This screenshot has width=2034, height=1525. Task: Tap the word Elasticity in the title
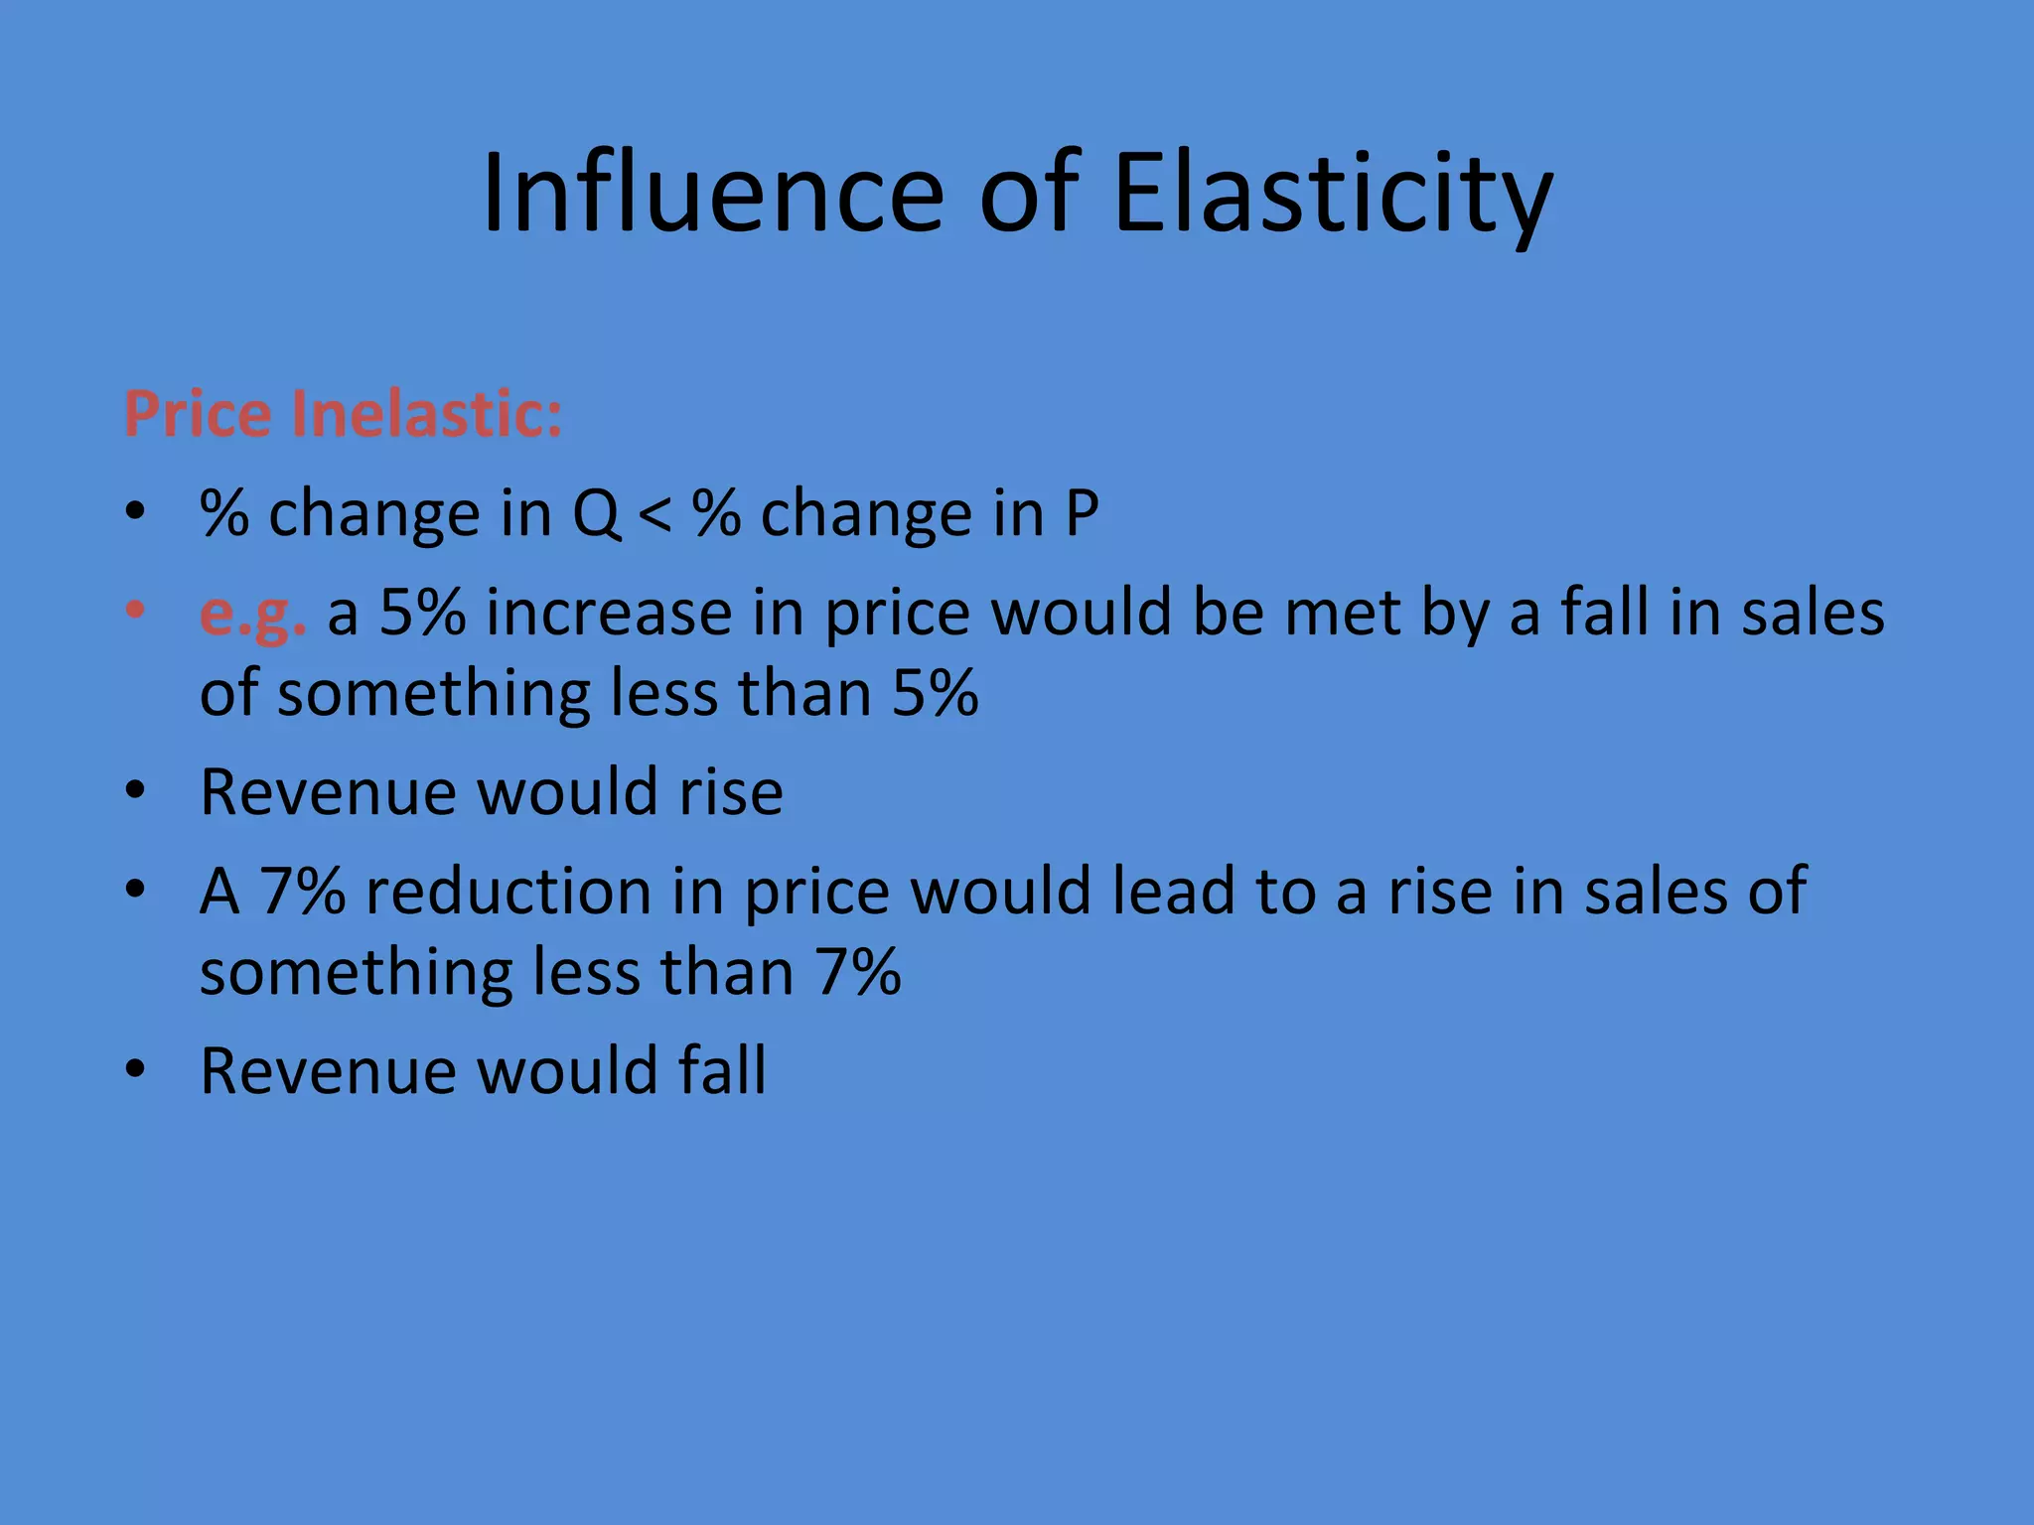[x=1332, y=195]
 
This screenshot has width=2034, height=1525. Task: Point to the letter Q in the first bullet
[x=596, y=514]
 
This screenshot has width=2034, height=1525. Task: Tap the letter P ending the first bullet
[x=1082, y=514]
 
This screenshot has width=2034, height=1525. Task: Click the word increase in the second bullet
[x=608, y=613]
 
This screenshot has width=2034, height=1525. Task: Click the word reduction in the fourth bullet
[x=508, y=891]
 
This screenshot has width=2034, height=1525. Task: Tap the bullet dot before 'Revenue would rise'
[x=136, y=790]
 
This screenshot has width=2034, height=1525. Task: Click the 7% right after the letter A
[x=303, y=891]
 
